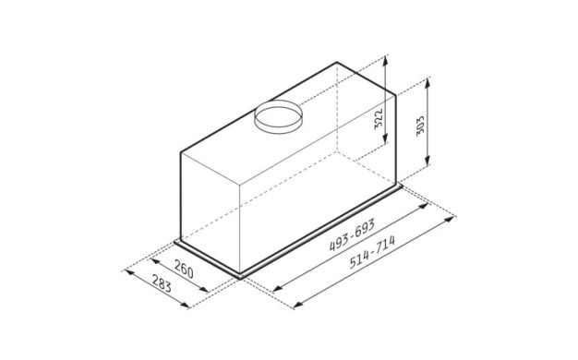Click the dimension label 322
[x=379, y=119]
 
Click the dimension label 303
[x=420, y=126]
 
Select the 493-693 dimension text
[x=352, y=234]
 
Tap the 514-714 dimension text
[x=372, y=252]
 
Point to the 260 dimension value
[x=184, y=270]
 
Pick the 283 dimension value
[x=162, y=282]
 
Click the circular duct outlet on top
[x=279, y=117]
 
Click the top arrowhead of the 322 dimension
[x=385, y=60]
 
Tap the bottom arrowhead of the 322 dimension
[x=385, y=138]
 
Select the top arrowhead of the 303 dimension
[x=427, y=82]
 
